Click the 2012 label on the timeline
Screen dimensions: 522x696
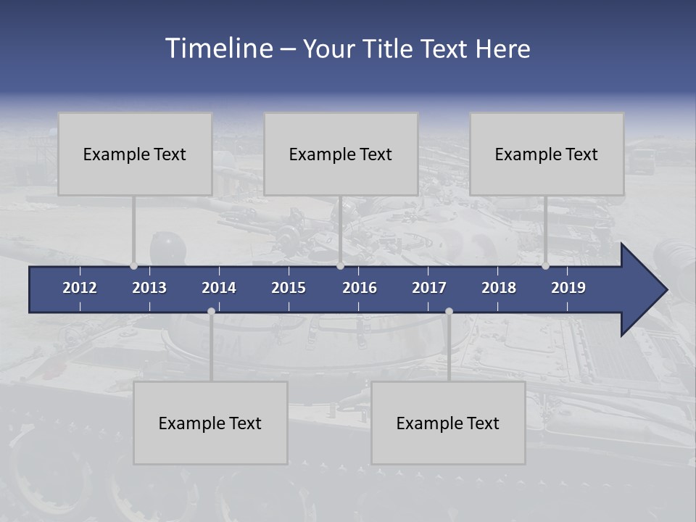click(x=80, y=288)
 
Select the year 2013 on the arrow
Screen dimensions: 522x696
click(x=149, y=288)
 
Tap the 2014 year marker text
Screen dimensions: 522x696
click(x=219, y=288)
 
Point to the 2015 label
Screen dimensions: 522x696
click(x=289, y=288)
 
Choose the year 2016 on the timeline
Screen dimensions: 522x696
click(x=360, y=288)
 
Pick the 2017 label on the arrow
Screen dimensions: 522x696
click(x=429, y=288)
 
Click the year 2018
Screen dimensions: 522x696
click(x=499, y=288)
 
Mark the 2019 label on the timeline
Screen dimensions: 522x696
click(x=568, y=288)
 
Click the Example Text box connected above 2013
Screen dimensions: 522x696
click(x=135, y=154)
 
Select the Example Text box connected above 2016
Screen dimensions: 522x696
click(x=341, y=154)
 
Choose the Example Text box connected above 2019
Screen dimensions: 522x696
click(x=547, y=154)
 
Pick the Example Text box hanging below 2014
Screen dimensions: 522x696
click(x=210, y=423)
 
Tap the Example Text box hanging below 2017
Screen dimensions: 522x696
click(x=448, y=423)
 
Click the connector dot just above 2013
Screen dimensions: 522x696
click(x=133, y=266)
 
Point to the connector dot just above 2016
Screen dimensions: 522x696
click(x=340, y=266)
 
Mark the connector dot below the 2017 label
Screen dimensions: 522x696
click(x=449, y=311)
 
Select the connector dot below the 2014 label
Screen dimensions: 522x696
click(x=211, y=311)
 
